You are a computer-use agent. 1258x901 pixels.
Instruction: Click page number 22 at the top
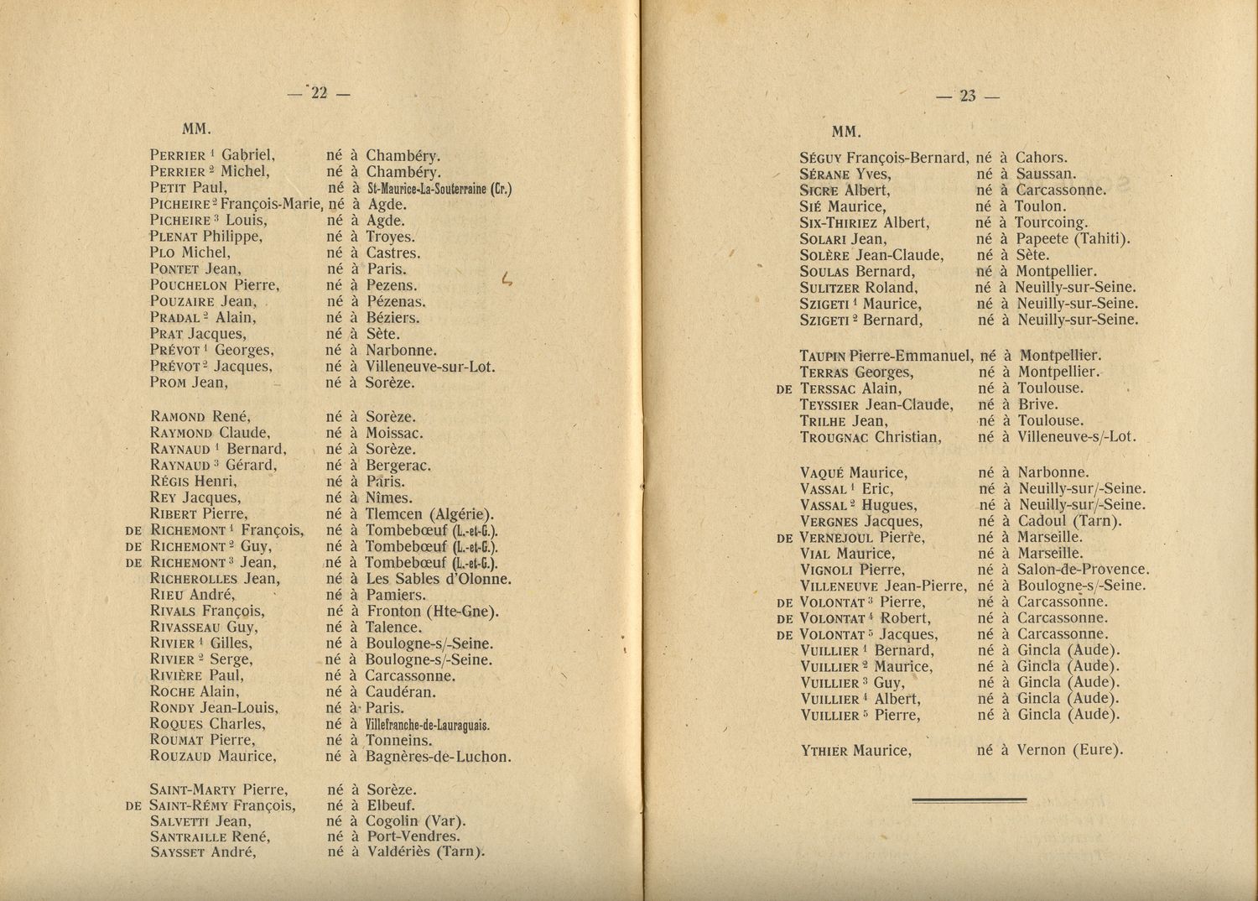[x=319, y=94]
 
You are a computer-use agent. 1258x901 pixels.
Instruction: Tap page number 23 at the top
[x=968, y=96]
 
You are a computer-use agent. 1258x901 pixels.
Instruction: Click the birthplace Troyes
[x=390, y=237]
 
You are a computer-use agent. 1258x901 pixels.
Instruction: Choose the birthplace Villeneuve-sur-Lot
[x=430, y=367]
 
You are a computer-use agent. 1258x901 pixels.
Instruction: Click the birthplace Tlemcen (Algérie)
[x=429, y=514]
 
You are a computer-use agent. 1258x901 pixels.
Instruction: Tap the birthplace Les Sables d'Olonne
[x=438, y=579]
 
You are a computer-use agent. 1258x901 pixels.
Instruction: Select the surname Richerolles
[x=193, y=579]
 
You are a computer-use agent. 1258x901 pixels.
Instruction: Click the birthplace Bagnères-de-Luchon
[x=438, y=757]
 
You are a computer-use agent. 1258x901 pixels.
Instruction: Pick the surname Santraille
[x=190, y=837]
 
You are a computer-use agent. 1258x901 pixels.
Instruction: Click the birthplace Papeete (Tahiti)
[x=1073, y=239]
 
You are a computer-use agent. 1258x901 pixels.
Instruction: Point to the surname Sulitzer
[x=825, y=288]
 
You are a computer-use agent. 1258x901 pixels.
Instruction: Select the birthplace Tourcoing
[x=1052, y=223]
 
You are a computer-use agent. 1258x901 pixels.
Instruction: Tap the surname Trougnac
[x=834, y=437]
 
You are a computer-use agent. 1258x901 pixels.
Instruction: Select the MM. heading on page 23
[x=846, y=132]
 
